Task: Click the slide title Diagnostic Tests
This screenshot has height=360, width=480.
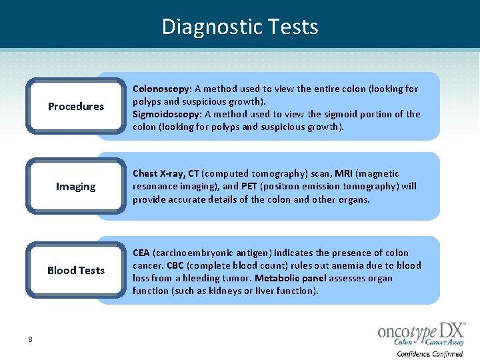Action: tap(240, 27)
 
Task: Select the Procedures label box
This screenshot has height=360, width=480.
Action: tap(76, 107)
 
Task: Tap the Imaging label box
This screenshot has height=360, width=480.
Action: tap(76, 187)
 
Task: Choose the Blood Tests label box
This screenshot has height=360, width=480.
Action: tap(76, 270)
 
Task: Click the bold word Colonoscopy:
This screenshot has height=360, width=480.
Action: tap(163, 89)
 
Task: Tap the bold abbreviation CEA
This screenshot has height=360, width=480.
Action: tap(141, 253)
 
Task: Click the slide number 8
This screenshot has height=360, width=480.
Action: tap(30, 339)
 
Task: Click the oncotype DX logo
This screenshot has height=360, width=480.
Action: tap(421, 333)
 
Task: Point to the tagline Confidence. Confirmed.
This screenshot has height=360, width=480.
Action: tap(431, 354)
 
